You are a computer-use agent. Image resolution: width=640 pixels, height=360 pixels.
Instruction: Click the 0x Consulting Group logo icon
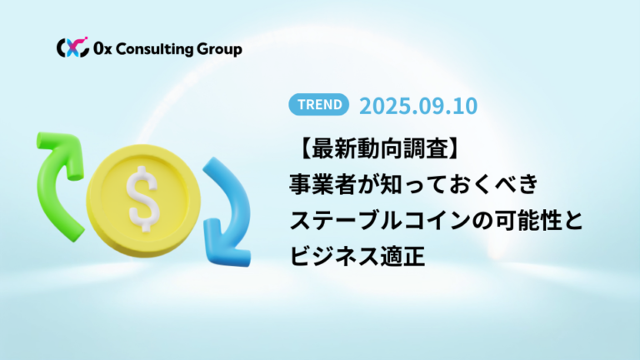point(72,47)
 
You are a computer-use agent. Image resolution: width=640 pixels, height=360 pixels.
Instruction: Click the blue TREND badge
point(319,104)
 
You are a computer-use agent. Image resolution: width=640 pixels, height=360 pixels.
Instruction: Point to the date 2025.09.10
point(418,106)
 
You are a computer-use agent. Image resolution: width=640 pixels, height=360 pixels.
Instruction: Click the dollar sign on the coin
point(142,199)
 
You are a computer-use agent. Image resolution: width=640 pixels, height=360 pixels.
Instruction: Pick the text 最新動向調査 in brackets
point(380,148)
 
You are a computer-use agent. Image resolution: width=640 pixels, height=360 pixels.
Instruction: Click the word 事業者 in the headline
point(322,184)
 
